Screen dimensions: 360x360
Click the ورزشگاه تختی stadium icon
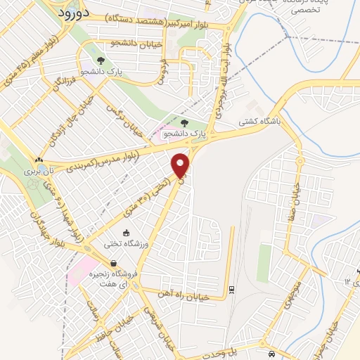click(126, 233)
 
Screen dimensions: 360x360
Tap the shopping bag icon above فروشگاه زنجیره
click(112, 263)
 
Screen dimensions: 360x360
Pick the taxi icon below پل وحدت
click(272, 354)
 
